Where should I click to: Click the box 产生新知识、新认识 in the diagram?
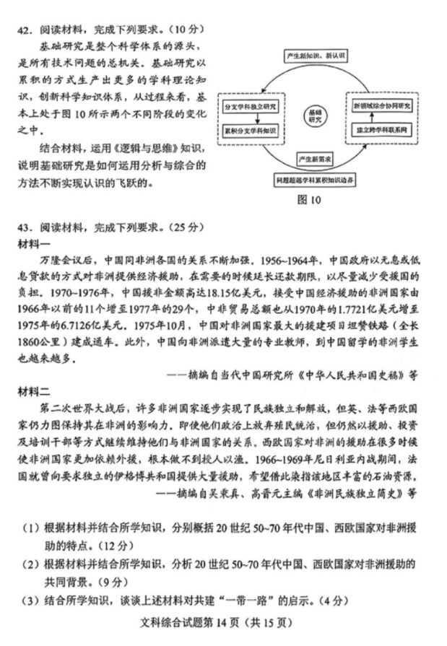coord(315,56)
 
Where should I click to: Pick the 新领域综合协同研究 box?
coord(381,105)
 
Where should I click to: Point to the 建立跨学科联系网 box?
coord(381,132)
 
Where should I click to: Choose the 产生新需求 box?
coord(315,157)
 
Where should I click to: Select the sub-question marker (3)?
coord(30,601)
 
